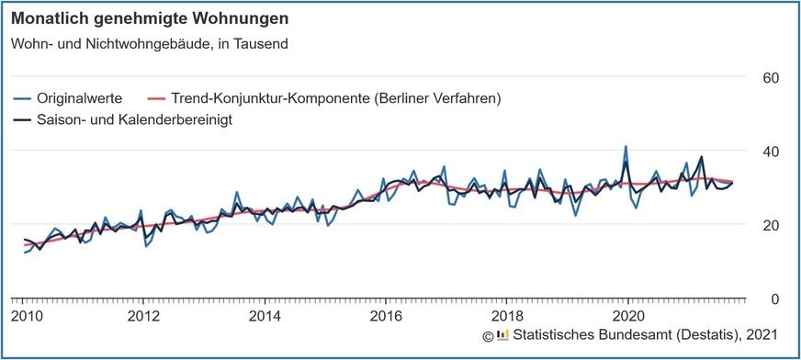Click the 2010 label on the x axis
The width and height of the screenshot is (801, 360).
coord(25,317)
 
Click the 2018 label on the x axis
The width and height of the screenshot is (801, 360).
coord(506,317)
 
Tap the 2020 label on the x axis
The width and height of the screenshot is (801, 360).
coord(627,317)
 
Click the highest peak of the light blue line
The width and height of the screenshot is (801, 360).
coord(626,146)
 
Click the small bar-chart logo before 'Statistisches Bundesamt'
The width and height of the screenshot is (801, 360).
coord(502,335)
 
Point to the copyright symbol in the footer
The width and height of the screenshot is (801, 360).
coord(489,336)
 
